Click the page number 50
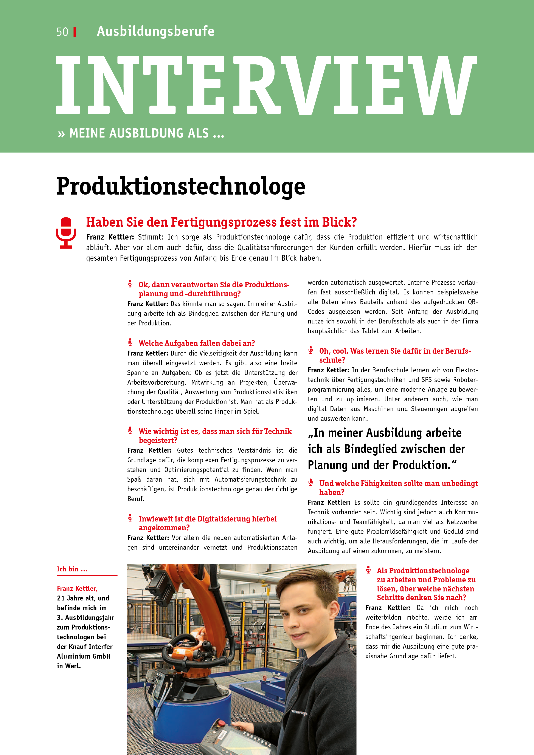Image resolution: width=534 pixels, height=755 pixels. tap(62, 32)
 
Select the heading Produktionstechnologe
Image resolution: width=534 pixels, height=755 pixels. tap(181, 186)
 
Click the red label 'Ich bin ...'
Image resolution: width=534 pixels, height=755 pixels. tap(72, 569)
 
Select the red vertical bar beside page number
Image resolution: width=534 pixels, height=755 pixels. tap(75, 32)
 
